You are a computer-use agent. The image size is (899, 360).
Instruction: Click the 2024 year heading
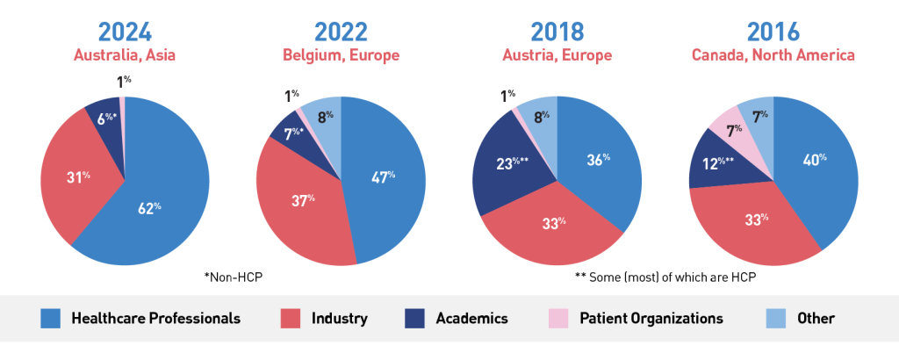click(125, 31)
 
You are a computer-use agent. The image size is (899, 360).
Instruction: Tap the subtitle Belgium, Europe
click(341, 55)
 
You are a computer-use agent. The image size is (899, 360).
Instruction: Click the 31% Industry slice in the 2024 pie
click(77, 180)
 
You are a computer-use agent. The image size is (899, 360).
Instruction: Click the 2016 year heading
click(773, 31)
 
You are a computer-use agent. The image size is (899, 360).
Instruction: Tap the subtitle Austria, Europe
click(557, 55)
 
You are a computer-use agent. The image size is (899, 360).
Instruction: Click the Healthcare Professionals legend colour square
click(51, 319)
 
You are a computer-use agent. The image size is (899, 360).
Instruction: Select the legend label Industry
click(339, 319)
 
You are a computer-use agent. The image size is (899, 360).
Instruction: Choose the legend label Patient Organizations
click(651, 319)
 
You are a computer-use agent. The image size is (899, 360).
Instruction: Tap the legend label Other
click(816, 319)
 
